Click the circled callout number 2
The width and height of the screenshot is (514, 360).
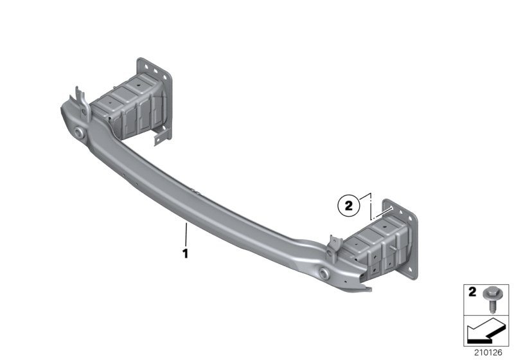point(348,206)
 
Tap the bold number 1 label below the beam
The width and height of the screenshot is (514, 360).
point(186,253)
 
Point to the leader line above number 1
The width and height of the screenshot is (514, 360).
point(186,234)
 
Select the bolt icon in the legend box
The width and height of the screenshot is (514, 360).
point(490,298)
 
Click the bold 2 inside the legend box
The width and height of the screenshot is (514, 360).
point(472,291)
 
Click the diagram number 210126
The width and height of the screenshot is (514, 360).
point(488,352)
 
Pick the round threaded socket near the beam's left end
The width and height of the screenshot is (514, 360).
point(78,132)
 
